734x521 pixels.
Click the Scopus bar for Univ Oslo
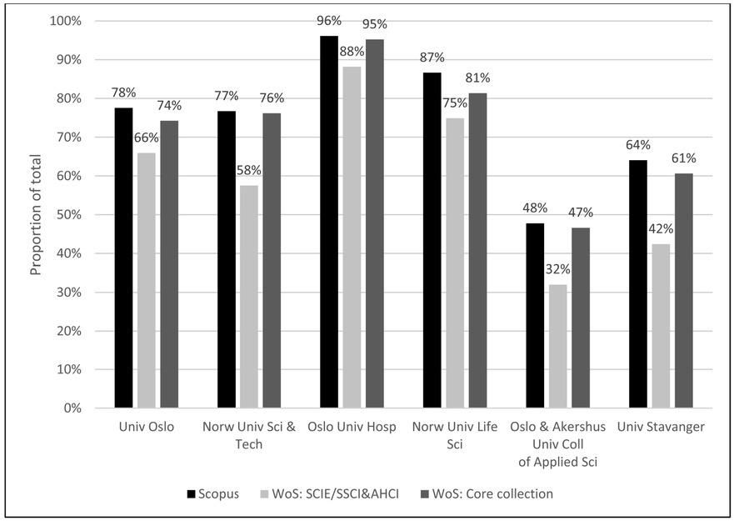coord(123,258)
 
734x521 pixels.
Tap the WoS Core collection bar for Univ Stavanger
coord(683,291)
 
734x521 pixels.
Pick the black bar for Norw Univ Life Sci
coord(432,241)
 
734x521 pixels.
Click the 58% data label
coord(249,170)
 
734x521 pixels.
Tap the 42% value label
coord(661,228)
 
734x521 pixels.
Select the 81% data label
coord(477,78)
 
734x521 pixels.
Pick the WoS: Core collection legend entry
coord(496,493)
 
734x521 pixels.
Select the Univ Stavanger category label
coord(661,428)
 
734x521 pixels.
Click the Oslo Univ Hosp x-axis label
coord(351,428)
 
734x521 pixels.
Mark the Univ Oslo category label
coord(147,428)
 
